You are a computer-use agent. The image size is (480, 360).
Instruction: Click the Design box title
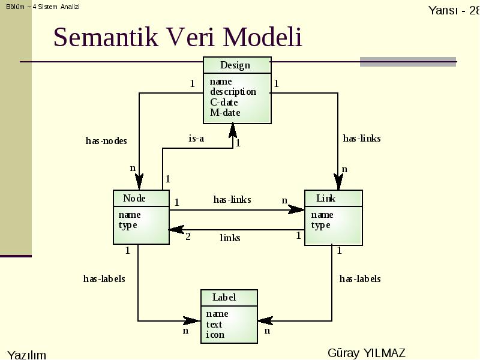(235, 65)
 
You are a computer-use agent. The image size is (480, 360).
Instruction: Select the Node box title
(134, 199)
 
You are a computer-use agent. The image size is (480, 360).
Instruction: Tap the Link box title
(326, 199)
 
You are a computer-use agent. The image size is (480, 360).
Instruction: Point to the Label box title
(224, 297)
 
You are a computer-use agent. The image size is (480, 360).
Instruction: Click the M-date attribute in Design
(225, 113)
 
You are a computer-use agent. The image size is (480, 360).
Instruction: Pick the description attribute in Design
(233, 92)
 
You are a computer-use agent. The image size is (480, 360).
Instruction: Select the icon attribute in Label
(215, 335)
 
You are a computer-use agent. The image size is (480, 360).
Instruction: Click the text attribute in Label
(214, 324)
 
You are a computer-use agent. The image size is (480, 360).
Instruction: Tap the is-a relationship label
(196, 139)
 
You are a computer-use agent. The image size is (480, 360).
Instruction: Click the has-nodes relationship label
(106, 141)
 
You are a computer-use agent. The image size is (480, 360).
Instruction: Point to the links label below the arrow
(230, 238)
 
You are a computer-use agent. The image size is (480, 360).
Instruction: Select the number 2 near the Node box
(188, 236)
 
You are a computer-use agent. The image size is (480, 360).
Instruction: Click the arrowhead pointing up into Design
(233, 130)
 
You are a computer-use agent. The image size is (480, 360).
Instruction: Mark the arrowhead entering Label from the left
(192, 321)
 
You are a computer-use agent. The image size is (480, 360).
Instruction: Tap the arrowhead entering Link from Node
(296, 209)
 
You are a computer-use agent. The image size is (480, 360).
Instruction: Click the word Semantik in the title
(106, 37)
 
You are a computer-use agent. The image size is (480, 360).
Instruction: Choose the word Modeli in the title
(263, 37)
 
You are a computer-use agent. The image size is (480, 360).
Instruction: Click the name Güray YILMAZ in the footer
(367, 353)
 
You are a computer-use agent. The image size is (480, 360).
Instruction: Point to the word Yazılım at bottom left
(26, 355)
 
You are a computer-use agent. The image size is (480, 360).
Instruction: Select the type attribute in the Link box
(321, 226)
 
